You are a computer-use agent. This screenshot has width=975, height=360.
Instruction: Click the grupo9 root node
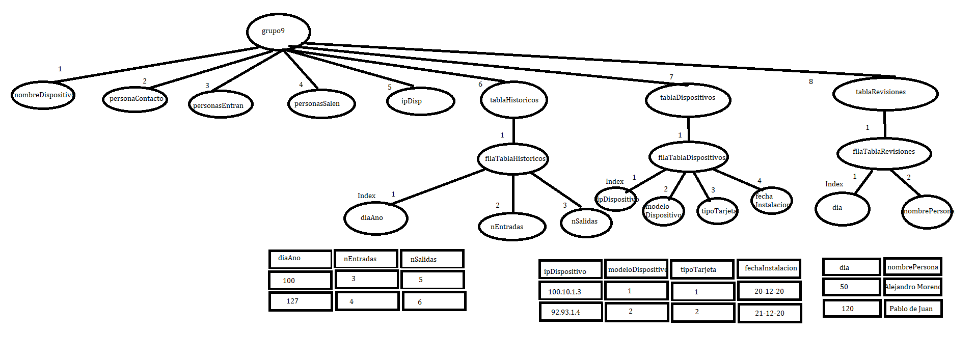click(278, 32)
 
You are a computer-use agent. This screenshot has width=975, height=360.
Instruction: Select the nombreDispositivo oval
click(43, 95)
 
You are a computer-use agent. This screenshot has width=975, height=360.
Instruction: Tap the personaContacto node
click(135, 99)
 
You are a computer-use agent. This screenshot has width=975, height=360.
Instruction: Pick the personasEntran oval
click(220, 105)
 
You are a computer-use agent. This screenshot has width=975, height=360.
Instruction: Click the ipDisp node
click(420, 101)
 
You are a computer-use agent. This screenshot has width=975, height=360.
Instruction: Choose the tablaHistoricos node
click(513, 100)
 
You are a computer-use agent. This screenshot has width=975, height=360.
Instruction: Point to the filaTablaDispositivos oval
click(689, 157)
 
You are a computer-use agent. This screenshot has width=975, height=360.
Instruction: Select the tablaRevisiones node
click(885, 93)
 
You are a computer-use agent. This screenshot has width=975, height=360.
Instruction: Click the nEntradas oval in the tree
click(512, 227)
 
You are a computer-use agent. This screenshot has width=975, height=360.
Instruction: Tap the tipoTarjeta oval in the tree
click(717, 211)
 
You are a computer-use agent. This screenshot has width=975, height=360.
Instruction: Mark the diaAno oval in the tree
click(375, 218)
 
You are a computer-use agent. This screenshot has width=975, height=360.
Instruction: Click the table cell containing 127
click(301, 301)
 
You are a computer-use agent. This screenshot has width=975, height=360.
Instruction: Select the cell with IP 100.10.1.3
click(570, 291)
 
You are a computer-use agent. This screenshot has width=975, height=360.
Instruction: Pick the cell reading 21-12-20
click(769, 313)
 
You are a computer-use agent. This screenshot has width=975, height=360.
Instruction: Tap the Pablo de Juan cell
click(912, 309)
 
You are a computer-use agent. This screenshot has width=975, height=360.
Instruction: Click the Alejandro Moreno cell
click(912, 287)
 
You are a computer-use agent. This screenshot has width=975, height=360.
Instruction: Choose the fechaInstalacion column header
click(769, 268)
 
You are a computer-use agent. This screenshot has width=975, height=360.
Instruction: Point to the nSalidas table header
click(432, 259)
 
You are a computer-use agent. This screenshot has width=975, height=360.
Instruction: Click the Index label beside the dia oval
click(834, 184)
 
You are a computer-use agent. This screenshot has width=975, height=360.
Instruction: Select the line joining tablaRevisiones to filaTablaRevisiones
click(884, 124)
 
